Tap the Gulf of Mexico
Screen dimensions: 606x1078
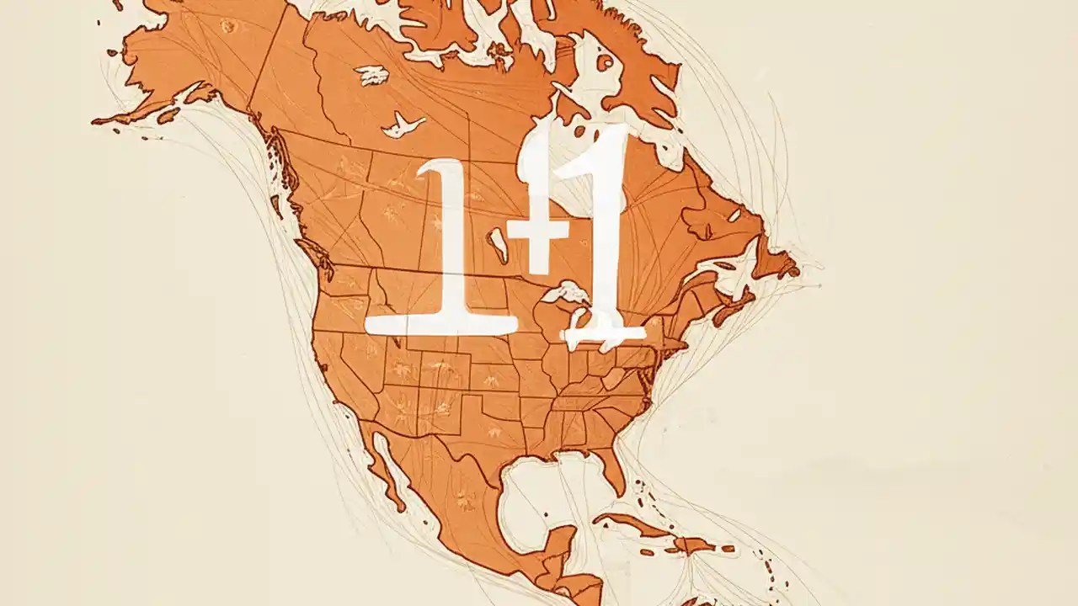point(539,488)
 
